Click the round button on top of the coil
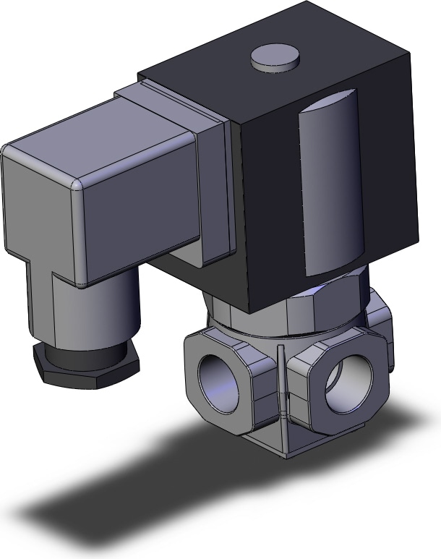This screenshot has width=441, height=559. pyautogui.click(x=275, y=58)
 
